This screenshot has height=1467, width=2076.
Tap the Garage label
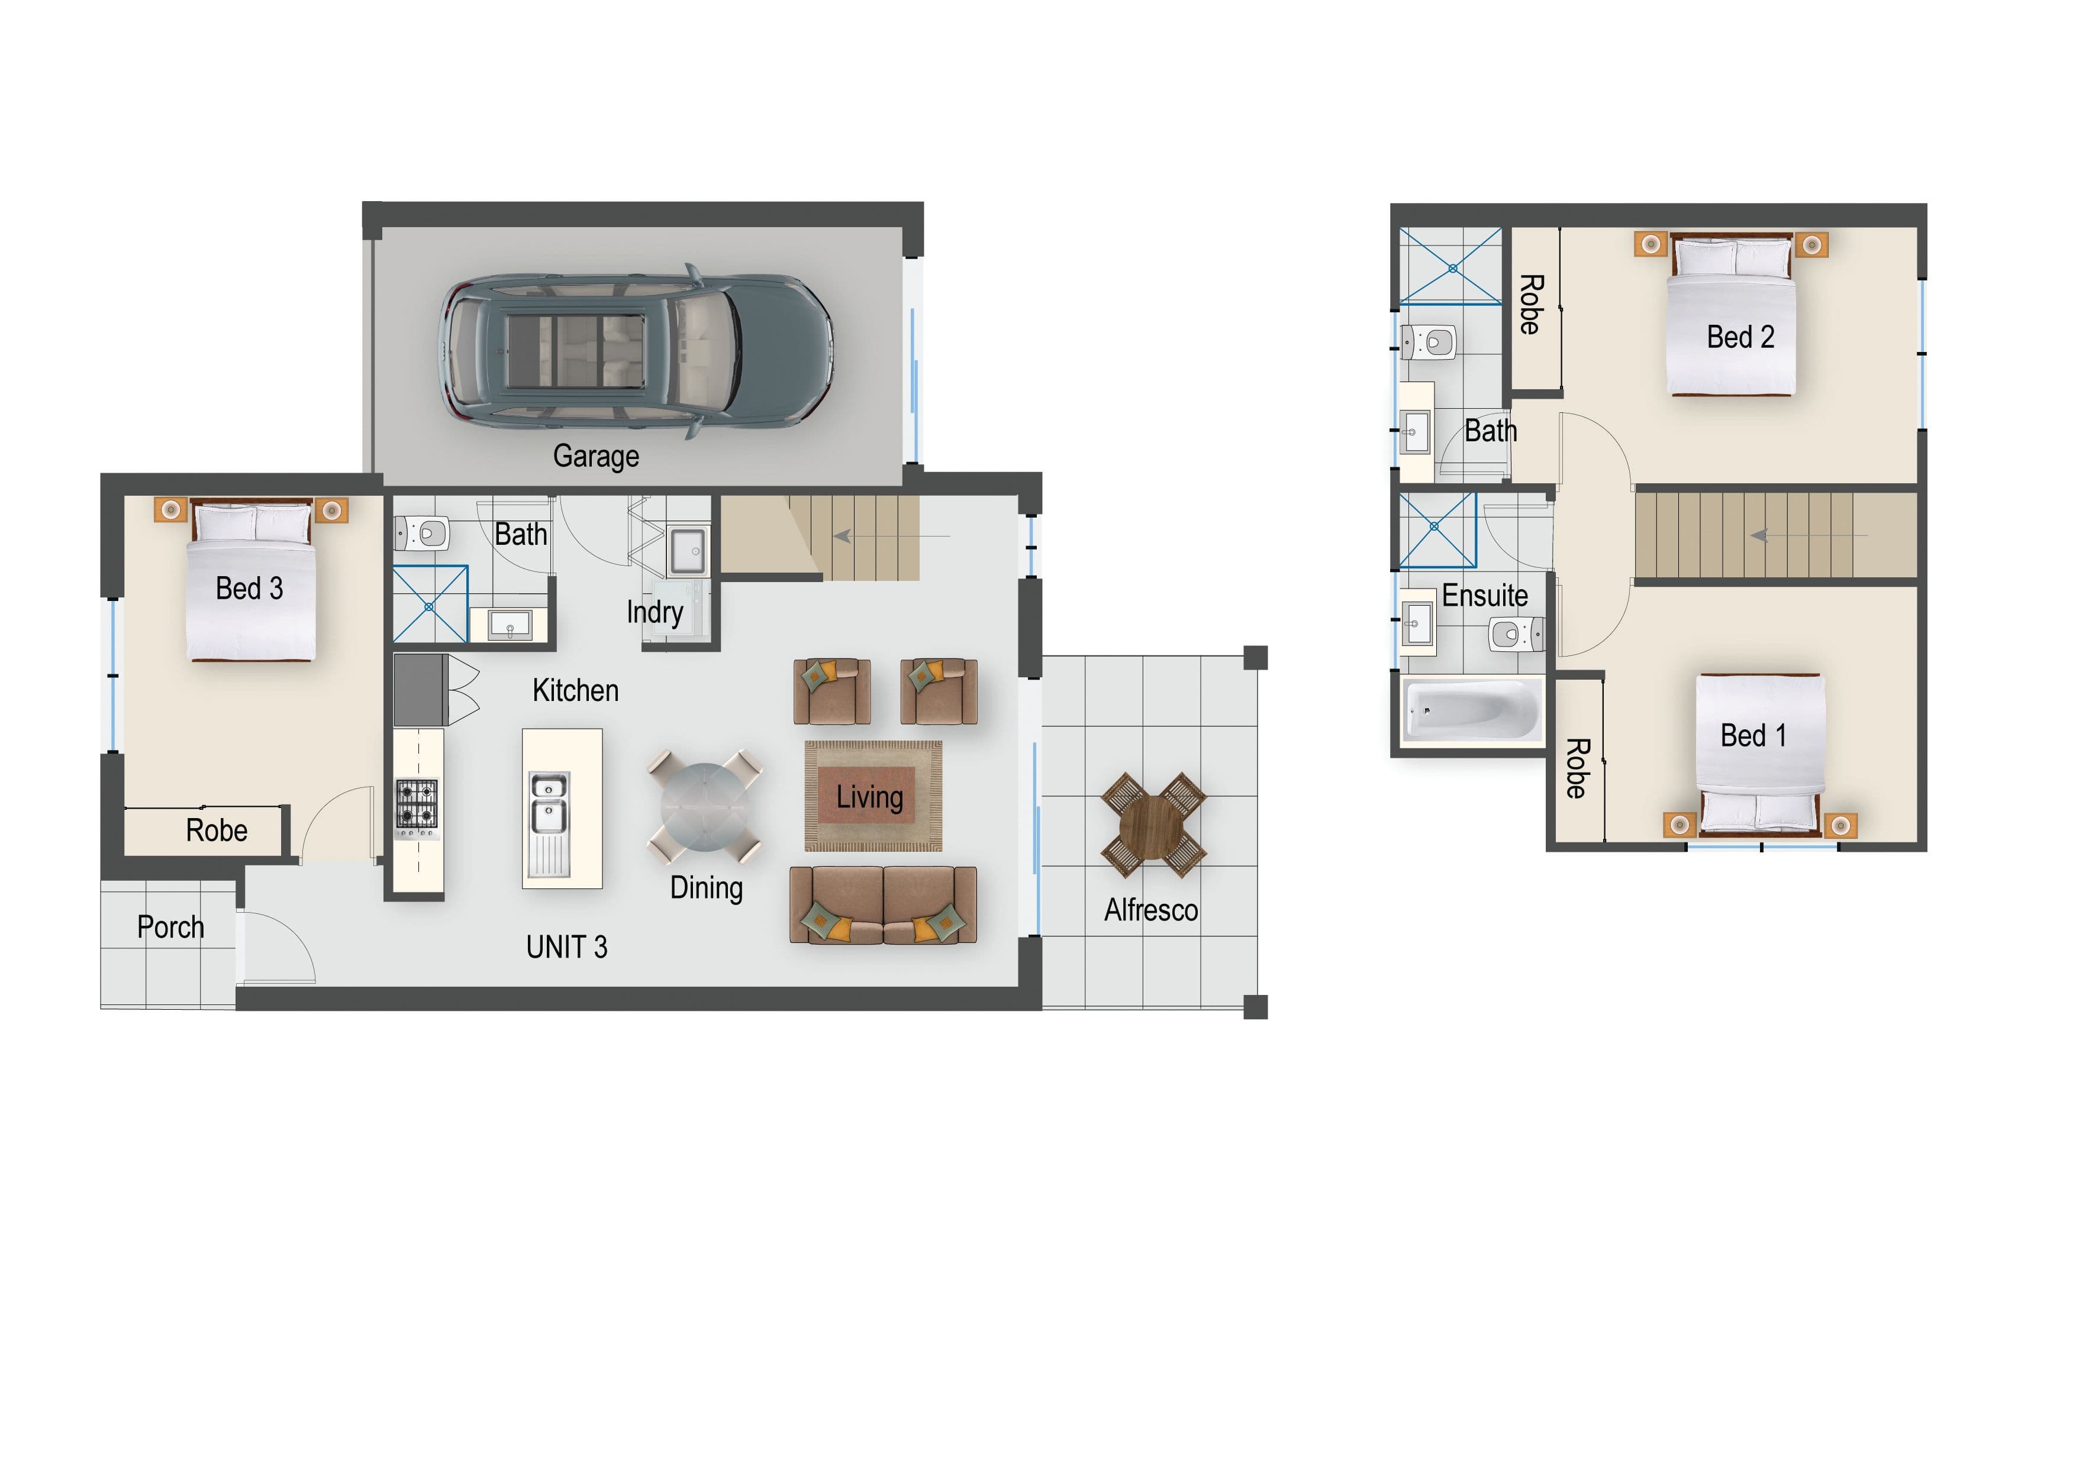(x=596, y=457)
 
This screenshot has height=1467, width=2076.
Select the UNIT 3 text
(x=567, y=946)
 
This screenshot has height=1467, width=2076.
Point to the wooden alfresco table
(x=1153, y=825)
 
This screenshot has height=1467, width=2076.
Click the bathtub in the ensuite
(x=1471, y=710)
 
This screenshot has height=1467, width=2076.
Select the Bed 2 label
(x=1740, y=337)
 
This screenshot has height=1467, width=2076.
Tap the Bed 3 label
(x=250, y=589)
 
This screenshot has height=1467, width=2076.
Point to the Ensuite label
(x=1485, y=596)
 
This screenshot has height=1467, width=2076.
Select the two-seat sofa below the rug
(x=884, y=905)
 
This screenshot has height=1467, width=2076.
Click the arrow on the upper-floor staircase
(x=1809, y=536)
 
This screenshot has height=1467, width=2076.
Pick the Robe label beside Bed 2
(x=1530, y=305)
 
